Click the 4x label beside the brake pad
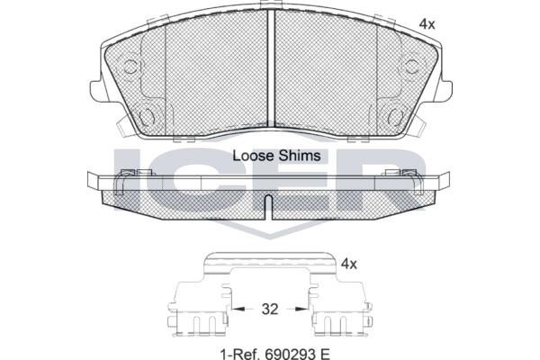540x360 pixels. [427, 24]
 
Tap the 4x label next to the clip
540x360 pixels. [349, 265]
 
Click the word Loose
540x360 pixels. [254, 156]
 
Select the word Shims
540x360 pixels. [300, 156]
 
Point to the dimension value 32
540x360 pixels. [270, 309]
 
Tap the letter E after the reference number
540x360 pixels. [325, 354]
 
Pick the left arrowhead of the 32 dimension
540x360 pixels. [238, 309]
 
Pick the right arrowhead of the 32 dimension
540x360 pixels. [301, 309]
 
